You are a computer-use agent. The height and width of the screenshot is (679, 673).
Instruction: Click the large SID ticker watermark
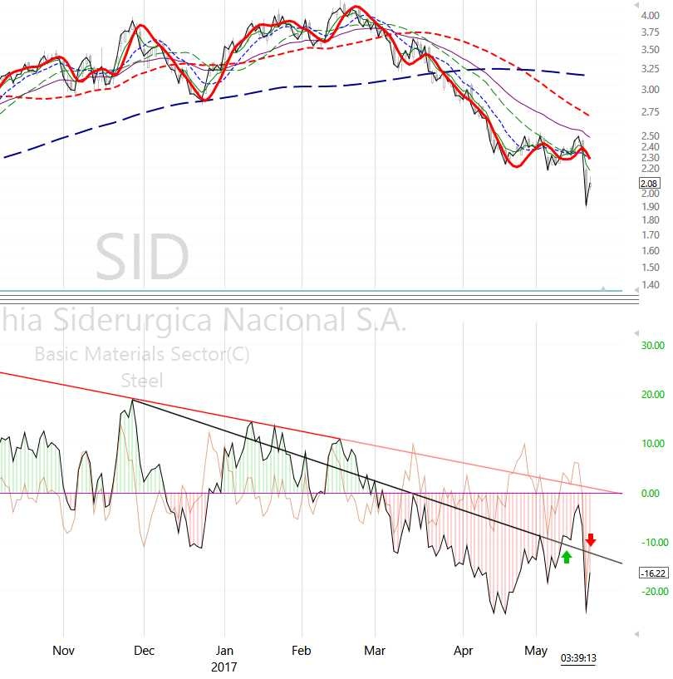coord(142,258)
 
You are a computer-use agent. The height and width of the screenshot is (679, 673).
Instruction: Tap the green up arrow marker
coord(567,557)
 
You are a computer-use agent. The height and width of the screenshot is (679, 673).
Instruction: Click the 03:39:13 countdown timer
coord(579,659)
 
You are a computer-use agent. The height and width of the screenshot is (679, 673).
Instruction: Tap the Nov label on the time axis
coord(63,651)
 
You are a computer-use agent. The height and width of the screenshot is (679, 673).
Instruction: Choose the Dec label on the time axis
coord(144,651)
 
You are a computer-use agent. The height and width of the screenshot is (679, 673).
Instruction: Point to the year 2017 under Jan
coord(224,667)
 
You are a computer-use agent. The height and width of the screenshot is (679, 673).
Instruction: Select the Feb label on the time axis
coord(301,651)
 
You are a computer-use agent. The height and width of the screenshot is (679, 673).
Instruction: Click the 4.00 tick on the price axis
coord(650,15)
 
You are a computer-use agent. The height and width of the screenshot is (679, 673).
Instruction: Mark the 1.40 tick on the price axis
coord(650,285)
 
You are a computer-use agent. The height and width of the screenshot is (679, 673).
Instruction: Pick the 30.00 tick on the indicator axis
coord(652,345)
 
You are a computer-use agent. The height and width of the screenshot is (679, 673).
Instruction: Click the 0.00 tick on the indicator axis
coord(652,493)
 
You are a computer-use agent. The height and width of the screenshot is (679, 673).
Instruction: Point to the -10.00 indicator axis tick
coord(651,542)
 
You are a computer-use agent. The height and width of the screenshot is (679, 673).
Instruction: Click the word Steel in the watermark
coord(142,381)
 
